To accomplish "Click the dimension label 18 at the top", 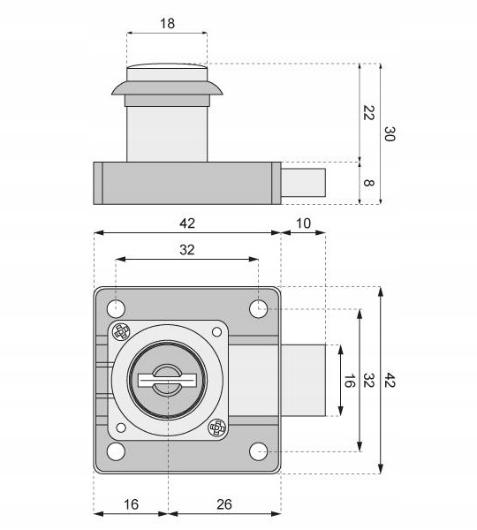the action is [167, 24].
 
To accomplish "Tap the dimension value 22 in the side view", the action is [368, 113].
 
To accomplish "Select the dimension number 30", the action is [390, 134].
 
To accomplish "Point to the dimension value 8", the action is [368, 183].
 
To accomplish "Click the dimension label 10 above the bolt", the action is [303, 223].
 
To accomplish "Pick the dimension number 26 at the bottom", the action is [224, 504].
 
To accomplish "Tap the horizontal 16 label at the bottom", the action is [131, 504].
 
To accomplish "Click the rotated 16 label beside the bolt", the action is [349, 381].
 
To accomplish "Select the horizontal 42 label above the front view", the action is [187, 223].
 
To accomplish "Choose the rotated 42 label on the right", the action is [390, 380].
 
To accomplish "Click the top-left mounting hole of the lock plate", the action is [116, 308].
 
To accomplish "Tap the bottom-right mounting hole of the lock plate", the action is [259, 451].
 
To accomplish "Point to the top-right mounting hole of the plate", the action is [259, 308].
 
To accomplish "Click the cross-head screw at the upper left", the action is [121, 332].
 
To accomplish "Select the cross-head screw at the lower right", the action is [217, 428].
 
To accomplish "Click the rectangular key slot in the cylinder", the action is [167, 380].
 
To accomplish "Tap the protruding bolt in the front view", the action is [303, 380].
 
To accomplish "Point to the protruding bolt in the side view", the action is [303, 183].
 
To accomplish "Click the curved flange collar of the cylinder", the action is [167, 87].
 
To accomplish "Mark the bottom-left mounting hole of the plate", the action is [116, 451].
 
